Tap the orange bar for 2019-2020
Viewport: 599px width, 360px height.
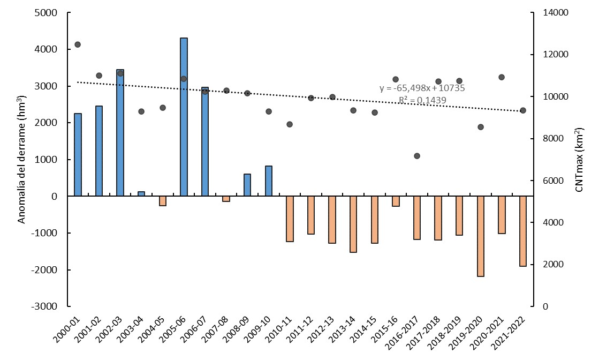tap(481, 236)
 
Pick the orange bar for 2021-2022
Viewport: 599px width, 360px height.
tap(523, 231)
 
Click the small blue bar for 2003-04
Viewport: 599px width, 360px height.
tap(141, 194)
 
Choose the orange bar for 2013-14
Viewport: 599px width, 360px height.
tap(353, 224)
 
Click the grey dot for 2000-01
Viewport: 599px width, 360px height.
tap(78, 44)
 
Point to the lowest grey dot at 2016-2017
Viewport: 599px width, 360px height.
tap(417, 156)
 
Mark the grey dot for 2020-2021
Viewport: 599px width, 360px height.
tap(502, 77)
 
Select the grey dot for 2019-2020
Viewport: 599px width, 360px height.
tap(481, 127)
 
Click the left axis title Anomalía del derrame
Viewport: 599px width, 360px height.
tap(22, 160)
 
